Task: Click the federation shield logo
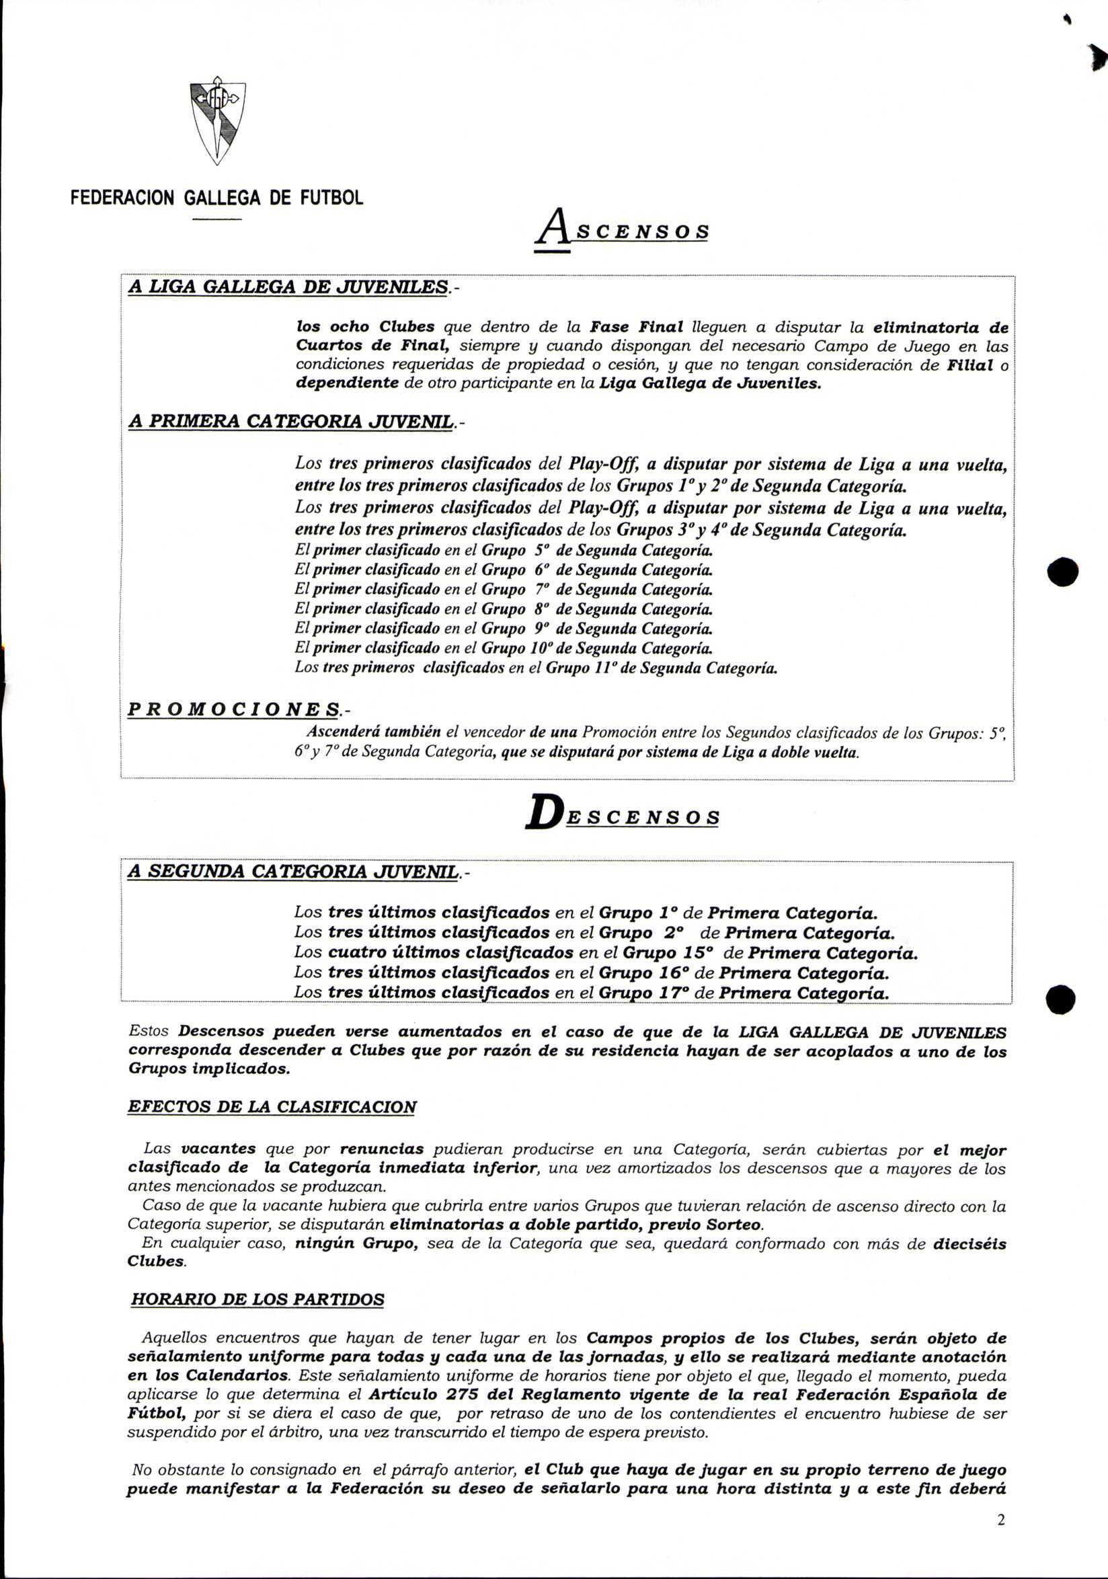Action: coord(217,120)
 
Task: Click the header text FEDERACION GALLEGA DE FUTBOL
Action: coord(216,198)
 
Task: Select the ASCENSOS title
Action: coord(622,231)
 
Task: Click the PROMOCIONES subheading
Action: coord(235,709)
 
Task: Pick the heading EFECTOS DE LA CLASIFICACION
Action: coord(272,1107)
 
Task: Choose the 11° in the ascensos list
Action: coord(604,668)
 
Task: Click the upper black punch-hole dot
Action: coord(1062,572)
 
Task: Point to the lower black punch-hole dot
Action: coord(1060,999)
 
